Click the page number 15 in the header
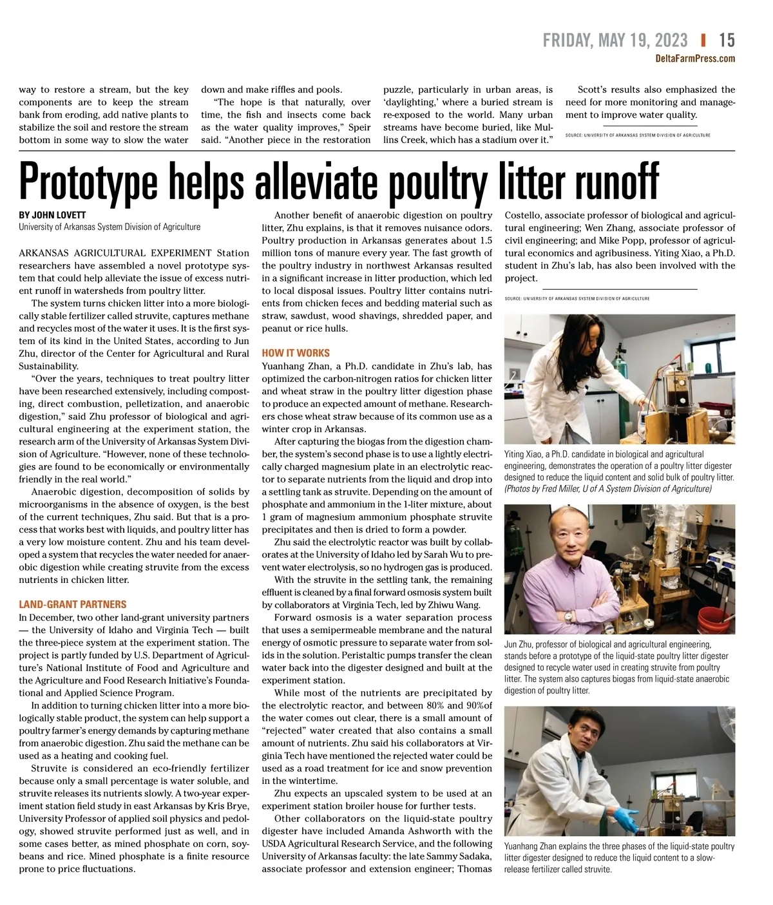pyautogui.click(x=727, y=41)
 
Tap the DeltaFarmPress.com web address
pyautogui.click(x=695, y=59)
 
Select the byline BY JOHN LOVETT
pyautogui.click(x=52, y=215)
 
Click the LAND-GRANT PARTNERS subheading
pyautogui.click(x=73, y=604)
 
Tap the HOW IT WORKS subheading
pyautogui.click(x=296, y=353)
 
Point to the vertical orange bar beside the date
pyautogui.click(x=703, y=40)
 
